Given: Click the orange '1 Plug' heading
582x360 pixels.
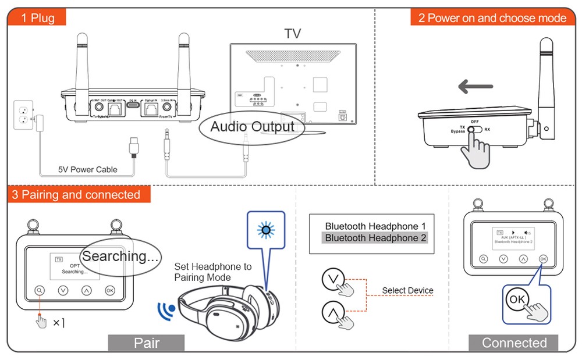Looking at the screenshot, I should [x=37, y=17].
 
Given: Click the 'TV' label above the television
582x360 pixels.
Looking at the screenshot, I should [x=293, y=34].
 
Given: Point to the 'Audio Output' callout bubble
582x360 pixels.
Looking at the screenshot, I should [x=252, y=127].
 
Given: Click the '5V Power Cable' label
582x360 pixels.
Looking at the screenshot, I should [x=87, y=170].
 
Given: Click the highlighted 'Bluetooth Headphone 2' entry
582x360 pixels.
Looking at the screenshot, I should [x=375, y=238].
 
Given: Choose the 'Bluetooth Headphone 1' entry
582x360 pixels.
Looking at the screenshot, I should [x=375, y=226].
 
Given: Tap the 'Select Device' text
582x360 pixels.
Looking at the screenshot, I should [x=407, y=290].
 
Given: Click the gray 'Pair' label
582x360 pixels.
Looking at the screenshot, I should [x=146, y=343].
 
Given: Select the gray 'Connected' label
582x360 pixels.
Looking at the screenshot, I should [x=514, y=343].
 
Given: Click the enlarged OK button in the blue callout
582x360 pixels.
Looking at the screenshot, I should [x=517, y=300].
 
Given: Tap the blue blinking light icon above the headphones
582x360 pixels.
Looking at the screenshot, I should [x=266, y=230].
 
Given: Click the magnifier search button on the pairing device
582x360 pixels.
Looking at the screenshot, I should [x=39, y=290].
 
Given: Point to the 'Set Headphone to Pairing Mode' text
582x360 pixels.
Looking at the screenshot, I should [x=212, y=272].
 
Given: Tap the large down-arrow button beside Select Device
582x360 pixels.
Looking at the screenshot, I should [x=332, y=280].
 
